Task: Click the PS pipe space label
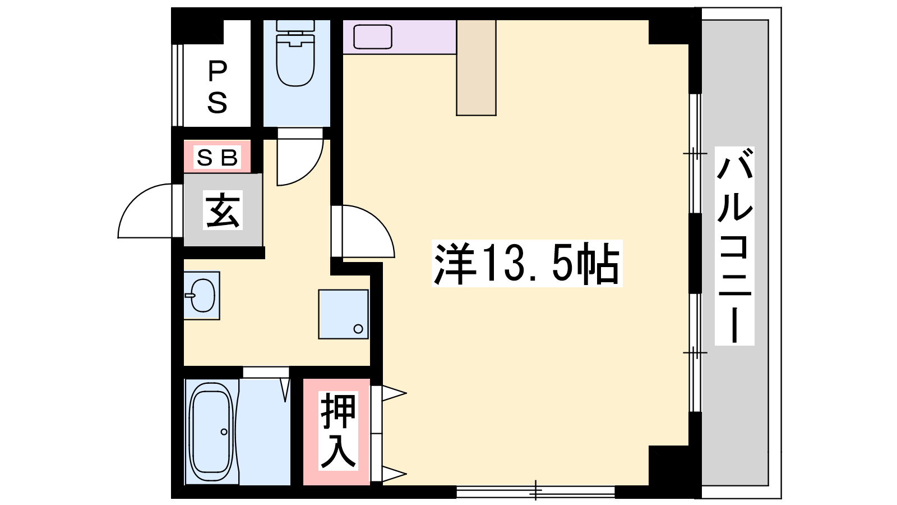coord(218,86)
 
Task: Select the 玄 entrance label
coord(223,210)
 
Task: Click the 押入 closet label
coord(339,431)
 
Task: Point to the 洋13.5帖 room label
coord(526,263)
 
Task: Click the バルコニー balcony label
coord(734,246)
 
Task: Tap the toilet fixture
coord(295,53)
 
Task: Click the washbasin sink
coord(202,295)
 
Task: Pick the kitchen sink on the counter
coord(372,37)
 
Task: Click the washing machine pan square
coord(343,314)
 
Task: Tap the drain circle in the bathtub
coord(224,431)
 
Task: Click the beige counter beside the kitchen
coord(476,68)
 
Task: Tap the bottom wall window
coord(535,492)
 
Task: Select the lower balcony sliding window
coord(695,353)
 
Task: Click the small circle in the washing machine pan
coord(358,329)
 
